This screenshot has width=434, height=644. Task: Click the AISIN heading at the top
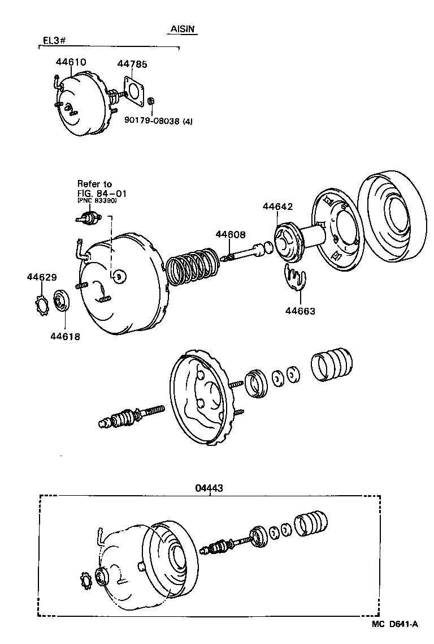183,29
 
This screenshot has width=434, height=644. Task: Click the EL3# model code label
54,41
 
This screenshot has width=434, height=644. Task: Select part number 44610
71,62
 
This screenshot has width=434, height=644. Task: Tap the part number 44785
132,65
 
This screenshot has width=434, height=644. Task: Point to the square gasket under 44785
134,93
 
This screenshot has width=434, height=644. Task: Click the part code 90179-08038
151,120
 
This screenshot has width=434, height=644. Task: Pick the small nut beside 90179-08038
151,101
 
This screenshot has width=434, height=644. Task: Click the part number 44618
65,336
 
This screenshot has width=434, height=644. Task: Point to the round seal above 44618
61,300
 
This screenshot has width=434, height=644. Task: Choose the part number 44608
231,234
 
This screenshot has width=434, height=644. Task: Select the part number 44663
300,311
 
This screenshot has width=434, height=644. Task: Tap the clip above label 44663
294,277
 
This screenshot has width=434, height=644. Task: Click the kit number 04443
210,487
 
